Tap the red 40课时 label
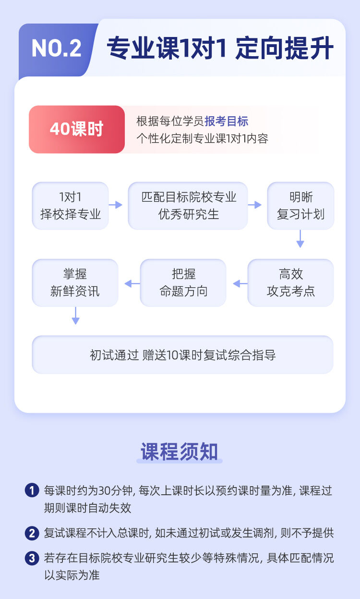[77, 129]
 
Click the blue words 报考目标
[226, 121]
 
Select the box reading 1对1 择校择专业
[70, 206]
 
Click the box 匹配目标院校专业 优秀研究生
[188, 206]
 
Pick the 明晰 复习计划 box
[300, 206]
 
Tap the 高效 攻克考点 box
[290, 282]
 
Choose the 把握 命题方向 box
[183, 282]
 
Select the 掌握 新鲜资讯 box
[75, 282]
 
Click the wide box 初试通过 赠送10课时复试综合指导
[182, 355]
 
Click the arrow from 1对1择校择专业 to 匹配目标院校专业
[116, 205]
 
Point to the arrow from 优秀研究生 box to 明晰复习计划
[255, 205]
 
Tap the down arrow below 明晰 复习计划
[300, 239]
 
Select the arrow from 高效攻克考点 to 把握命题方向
[240, 283]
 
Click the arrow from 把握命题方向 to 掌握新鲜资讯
[132, 283]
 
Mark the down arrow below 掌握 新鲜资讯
[76, 316]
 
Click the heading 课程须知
[179, 452]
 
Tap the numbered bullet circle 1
[32, 490]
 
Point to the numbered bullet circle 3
[32, 558]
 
